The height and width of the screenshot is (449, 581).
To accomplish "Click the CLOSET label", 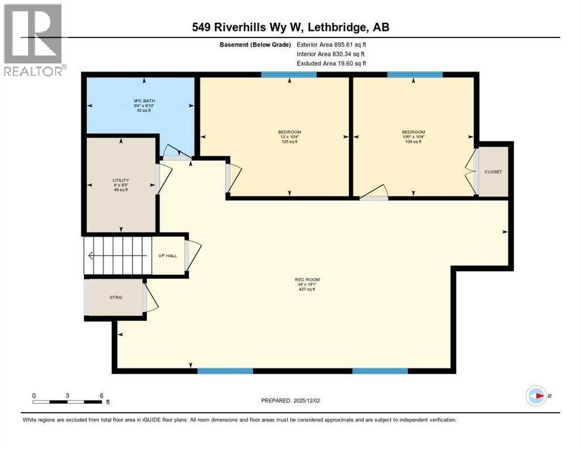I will pos(493,171).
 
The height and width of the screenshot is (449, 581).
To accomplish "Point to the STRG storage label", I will pos(116,298).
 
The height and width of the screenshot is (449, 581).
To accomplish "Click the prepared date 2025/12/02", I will pos(290,400).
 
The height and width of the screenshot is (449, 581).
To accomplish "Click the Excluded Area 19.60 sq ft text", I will pos(332,64).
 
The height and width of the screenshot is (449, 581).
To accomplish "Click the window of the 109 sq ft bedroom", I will pos(415,74).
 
